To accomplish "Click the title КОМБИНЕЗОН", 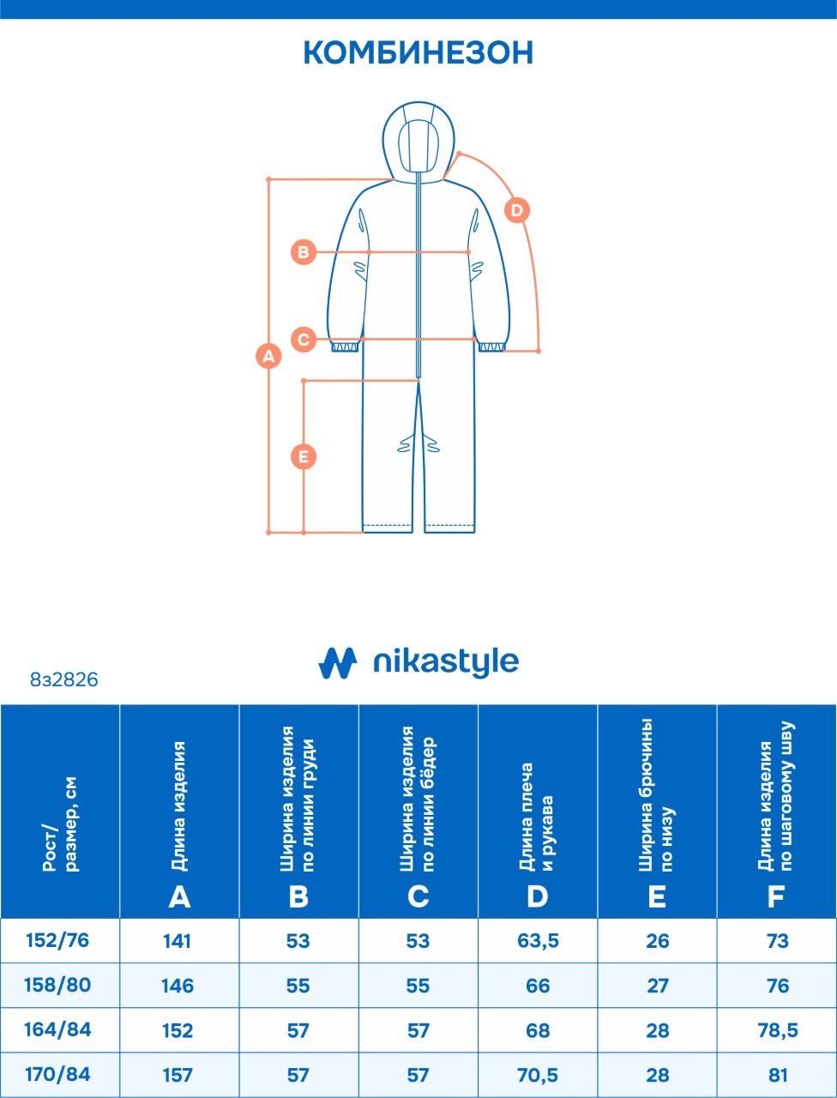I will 418,53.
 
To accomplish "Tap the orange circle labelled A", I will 269,355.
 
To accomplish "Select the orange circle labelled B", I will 304,252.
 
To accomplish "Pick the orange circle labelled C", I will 304,339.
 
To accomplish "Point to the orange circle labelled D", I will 516,209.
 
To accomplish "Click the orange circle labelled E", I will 304,456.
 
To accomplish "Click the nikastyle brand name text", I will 446,662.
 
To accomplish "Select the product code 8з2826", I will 64,680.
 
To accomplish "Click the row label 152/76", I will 58,940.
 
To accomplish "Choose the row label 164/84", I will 58,1029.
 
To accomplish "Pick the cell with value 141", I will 178,941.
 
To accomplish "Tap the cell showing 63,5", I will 538,941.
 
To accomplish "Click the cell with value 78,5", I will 777,1030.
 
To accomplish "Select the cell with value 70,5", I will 538,1075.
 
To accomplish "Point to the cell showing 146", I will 178,986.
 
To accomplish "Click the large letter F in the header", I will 776,897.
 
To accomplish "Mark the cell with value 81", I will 777,1075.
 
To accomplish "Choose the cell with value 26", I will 658,941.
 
